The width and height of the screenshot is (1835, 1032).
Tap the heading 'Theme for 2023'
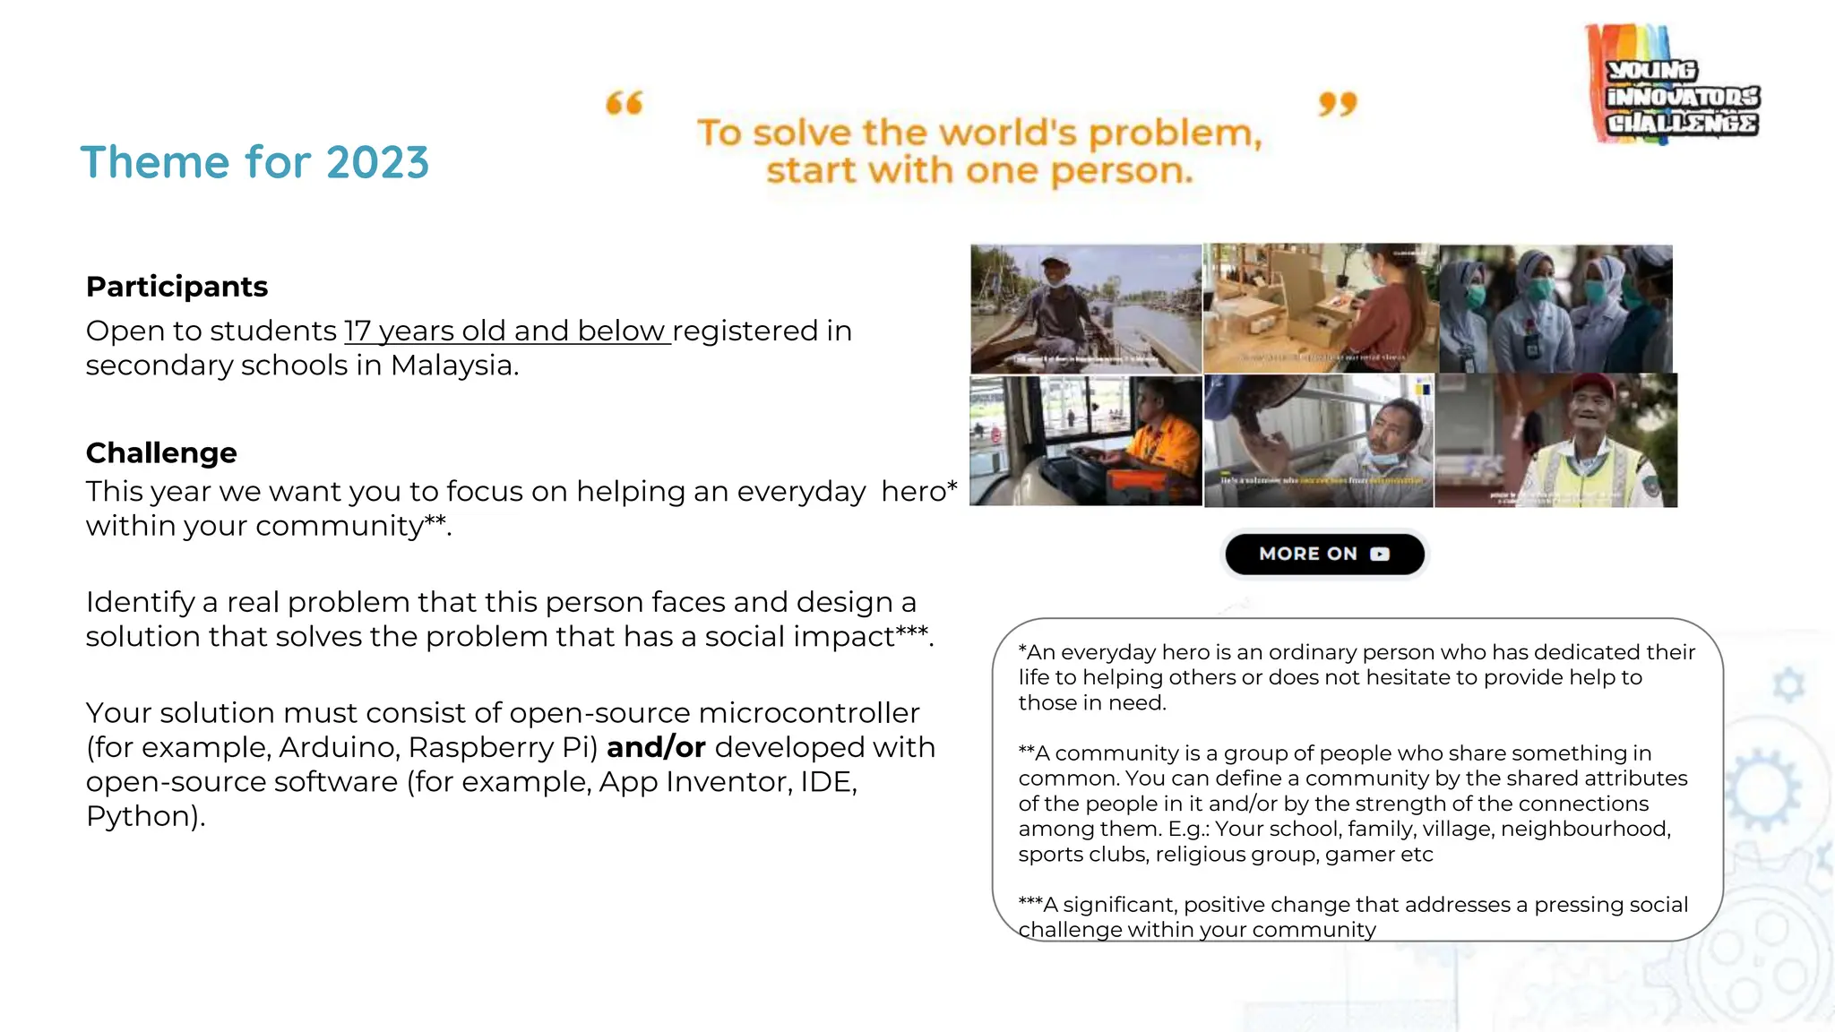[x=255, y=163]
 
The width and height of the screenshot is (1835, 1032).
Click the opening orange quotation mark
[x=625, y=103]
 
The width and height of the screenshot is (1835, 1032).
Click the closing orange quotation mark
[x=1338, y=104]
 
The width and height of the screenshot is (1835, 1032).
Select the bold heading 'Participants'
[x=177, y=287]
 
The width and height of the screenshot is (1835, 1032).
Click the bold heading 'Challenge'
[x=161, y=453]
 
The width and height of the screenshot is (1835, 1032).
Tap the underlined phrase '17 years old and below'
[x=507, y=331]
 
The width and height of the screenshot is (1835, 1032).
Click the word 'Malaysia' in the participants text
[x=452, y=365]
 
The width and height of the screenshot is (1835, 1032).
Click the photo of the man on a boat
[x=1086, y=308]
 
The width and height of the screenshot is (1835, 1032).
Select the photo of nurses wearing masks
[x=1555, y=308]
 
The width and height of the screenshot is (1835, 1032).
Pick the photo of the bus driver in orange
[x=1086, y=441]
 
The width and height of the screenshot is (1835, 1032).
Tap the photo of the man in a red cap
[x=1555, y=441]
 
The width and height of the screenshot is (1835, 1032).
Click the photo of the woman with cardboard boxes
[x=1320, y=308]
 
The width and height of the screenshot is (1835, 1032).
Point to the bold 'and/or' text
[x=656, y=747]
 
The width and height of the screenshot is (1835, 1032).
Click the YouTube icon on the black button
[x=1380, y=554]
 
